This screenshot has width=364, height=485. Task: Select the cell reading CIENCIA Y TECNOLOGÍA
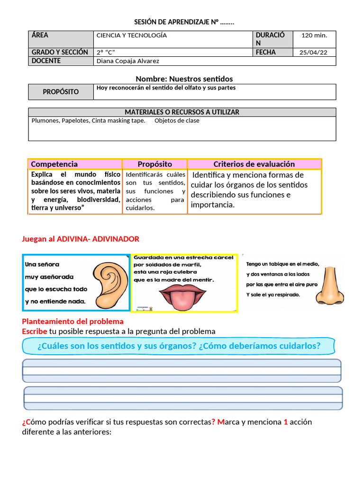pyautogui.click(x=132, y=36)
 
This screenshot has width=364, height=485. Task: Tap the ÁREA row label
pyautogui.click(x=40, y=35)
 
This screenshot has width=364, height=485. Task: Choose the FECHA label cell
pyautogui.click(x=265, y=53)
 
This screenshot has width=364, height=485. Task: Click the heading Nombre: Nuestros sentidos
pyautogui.click(x=184, y=79)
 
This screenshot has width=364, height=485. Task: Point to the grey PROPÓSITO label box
pyautogui.click(x=61, y=92)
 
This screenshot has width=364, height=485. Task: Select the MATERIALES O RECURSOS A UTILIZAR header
pyautogui.click(x=182, y=112)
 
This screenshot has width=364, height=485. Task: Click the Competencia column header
pyautogui.click(x=55, y=164)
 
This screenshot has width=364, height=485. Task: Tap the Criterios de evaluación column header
pyautogui.click(x=254, y=164)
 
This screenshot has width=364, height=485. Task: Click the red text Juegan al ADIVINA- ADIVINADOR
pyautogui.click(x=81, y=239)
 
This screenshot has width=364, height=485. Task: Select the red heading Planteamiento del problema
pyautogui.click(x=73, y=322)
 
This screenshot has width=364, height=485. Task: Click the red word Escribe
pyautogui.click(x=34, y=331)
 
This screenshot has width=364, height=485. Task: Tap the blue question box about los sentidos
pyautogui.click(x=179, y=346)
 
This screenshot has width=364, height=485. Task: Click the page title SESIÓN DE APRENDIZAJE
pyautogui.click(x=184, y=22)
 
